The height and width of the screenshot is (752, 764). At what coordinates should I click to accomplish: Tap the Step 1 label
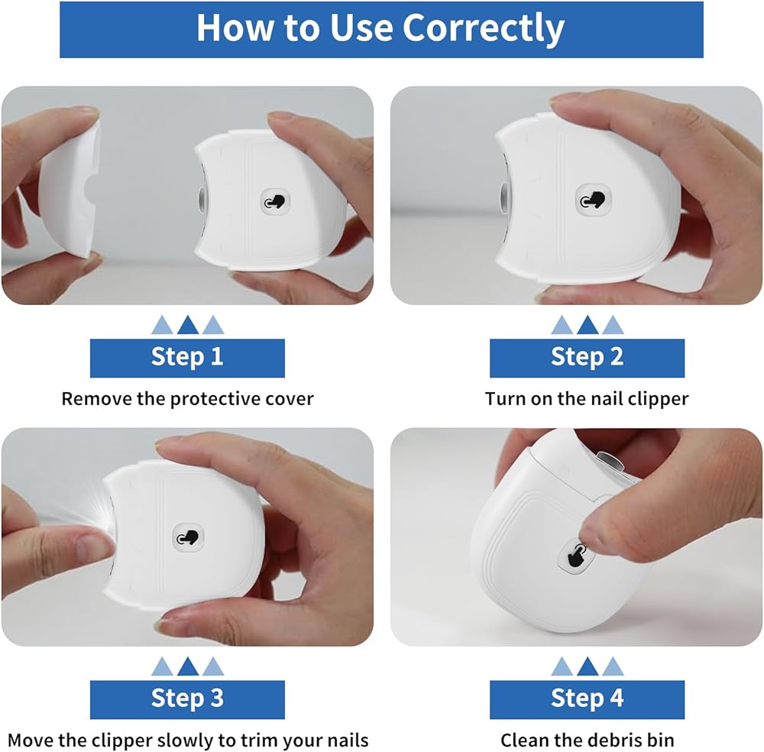pyautogui.click(x=187, y=358)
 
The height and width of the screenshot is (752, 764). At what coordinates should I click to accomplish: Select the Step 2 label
pyautogui.click(x=587, y=358)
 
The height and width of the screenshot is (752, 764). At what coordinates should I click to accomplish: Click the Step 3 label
pyautogui.click(x=187, y=699)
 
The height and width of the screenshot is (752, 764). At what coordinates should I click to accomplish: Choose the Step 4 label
pyautogui.click(x=587, y=699)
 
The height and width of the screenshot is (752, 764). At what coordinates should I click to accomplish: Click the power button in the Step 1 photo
pyautogui.click(x=275, y=201)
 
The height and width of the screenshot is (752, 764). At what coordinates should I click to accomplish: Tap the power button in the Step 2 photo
pyautogui.click(x=593, y=200)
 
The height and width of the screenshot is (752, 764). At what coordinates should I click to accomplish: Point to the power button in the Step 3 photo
pyautogui.click(x=189, y=538)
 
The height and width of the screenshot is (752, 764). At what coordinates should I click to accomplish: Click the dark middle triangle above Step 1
pyautogui.click(x=188, y=325)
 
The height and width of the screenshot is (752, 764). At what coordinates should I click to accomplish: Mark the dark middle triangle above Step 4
pyautogui.click(x=587, y=666)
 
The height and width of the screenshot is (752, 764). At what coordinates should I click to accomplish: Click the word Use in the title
pyautogui.click(x=361, y=28)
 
